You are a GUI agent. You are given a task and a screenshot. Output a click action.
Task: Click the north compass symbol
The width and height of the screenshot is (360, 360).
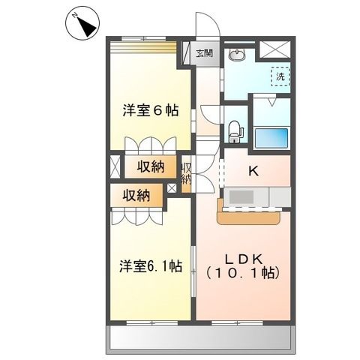(82, 23)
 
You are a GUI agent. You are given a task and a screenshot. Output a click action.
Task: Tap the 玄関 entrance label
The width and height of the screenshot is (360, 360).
(204, 52)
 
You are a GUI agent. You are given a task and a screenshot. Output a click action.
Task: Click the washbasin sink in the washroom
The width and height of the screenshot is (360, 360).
(235, 55)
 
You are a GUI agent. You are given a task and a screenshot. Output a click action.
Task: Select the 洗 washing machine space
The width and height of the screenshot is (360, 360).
(280, 76)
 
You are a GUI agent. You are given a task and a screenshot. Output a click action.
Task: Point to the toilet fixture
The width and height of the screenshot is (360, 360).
(235, 131)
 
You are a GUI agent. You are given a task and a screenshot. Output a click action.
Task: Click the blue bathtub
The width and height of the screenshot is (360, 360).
(271, 138)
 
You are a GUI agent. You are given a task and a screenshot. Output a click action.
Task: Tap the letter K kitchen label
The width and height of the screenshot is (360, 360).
(253, 171)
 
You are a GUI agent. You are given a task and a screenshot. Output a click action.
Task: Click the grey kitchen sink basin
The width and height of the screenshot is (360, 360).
(241, 196)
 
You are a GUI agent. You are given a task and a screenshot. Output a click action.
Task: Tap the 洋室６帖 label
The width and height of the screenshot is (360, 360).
(151, 111)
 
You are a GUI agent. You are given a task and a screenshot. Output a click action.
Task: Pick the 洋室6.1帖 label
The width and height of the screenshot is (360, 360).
(151, 265)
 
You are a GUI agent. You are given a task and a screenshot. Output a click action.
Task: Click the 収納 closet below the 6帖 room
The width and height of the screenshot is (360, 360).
(151, 166)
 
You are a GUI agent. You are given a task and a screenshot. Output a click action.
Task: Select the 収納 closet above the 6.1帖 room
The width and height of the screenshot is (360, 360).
(136, 196)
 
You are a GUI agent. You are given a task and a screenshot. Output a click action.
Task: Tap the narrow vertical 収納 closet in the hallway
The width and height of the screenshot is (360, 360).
(186, 174)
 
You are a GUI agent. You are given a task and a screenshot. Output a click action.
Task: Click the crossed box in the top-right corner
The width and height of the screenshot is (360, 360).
(274, 49)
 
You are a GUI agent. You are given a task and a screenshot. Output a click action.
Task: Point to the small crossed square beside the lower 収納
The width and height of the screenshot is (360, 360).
(172, 188)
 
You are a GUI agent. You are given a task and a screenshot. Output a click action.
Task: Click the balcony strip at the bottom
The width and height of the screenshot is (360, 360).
(200, 340)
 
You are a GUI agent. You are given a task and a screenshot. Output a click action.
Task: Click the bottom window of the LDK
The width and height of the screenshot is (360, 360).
(237, 323)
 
